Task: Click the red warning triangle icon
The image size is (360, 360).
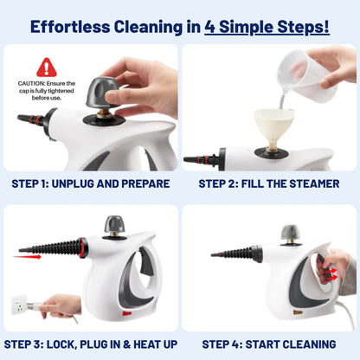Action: (x=47, y=67)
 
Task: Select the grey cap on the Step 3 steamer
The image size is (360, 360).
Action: (x=114, y=225)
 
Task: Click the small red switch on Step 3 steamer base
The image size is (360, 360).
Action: (x=127, y=313)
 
